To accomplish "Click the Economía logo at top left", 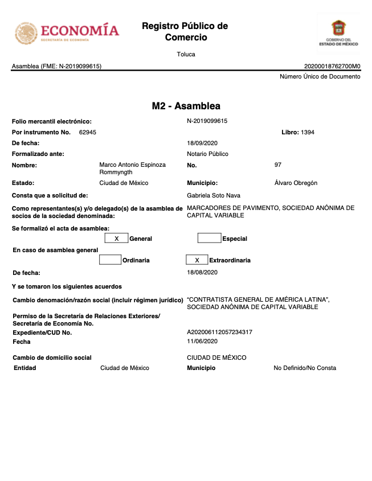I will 67,32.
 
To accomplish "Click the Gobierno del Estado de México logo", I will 338,33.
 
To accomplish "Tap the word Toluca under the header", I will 186,55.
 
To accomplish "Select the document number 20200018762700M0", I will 332,66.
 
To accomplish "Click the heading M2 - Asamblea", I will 186,106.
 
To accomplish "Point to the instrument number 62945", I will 88,132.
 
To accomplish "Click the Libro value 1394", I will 308,132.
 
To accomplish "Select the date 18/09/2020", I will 202,143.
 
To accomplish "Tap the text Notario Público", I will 207,154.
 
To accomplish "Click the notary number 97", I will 278,165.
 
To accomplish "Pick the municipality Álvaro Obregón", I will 296,183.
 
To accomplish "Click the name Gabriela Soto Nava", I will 214,195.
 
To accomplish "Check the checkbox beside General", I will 116,239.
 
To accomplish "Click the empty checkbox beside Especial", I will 209,239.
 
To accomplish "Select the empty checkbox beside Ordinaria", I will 110,260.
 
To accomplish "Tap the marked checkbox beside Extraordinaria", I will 197,260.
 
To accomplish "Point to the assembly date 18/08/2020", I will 202,273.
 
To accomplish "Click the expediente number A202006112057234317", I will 219,332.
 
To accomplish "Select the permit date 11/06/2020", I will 202,342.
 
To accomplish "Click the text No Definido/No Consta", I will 305,368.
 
